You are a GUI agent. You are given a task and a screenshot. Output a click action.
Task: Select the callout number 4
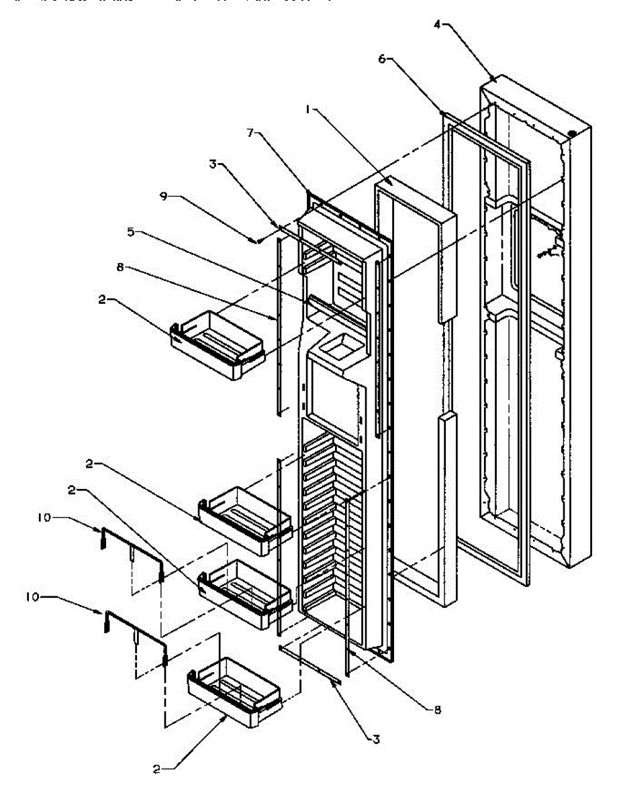click(x=437, y=25)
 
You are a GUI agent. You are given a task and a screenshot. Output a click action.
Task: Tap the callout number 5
click(x=131, y=232)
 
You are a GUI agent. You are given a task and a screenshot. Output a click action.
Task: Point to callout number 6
click(x=382, y=60)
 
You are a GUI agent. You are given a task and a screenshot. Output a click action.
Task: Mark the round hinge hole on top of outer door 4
click(x=572, y=133)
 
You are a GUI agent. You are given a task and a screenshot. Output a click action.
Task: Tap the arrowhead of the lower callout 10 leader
click(x=103, y=612)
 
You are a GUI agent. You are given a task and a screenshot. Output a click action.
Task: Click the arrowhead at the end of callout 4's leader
click(x=495, y=78)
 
